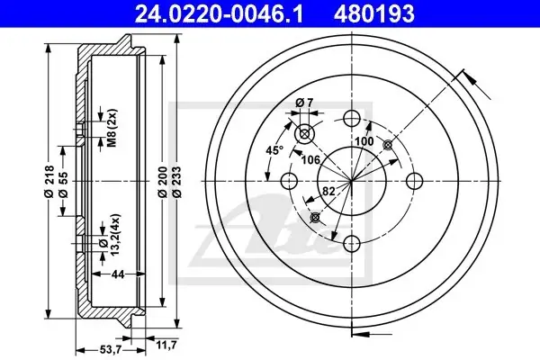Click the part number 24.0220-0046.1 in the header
pyautogui.click(x=219, y=14)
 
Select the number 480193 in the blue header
pyautogui.click(x=373, y=14)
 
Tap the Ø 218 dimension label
pyautogui.click(x=49, y=181)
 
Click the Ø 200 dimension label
pyautogui.click(x=163, y=181)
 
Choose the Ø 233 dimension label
pyautogui.click(x=176, y=181)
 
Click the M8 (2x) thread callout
pyautogui.click(x=112, y=128)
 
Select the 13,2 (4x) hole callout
pyautogui.click(x=110, y=235)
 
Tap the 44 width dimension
pyautogui.click(x=118, y=274)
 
